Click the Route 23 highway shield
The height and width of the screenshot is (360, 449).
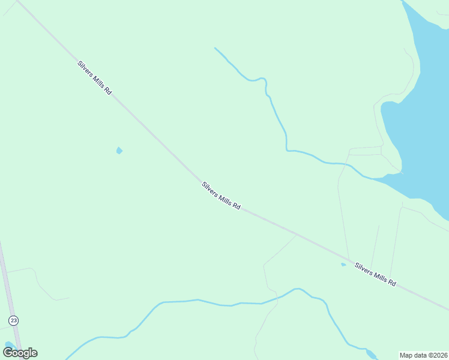pos(13,320)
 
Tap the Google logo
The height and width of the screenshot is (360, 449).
pos(20,353)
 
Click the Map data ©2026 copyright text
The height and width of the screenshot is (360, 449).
pos(423,355)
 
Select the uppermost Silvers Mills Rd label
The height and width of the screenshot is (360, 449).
pos(94,78)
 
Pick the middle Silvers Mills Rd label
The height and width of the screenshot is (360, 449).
pos(221,196)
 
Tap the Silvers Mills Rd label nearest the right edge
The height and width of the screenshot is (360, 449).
pos(375,274)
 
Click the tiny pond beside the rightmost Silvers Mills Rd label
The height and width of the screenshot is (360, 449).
pos(343,264)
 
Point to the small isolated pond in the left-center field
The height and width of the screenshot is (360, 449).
pos(119,150)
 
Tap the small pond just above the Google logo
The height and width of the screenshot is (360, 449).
pos(8,345)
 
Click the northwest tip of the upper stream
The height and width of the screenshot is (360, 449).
pos(215,47)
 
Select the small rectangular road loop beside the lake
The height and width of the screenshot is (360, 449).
pos(365,151)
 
